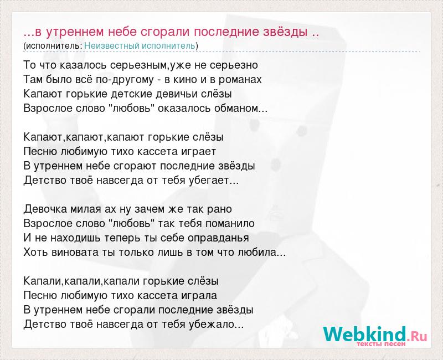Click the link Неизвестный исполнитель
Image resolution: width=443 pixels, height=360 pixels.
pos(140,46)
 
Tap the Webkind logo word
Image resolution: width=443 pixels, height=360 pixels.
pos(364,334)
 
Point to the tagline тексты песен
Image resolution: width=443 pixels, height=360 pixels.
pos(381,344)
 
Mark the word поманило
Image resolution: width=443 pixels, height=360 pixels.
pos(230,224)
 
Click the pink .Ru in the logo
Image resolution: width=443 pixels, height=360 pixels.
pos(417,337)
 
